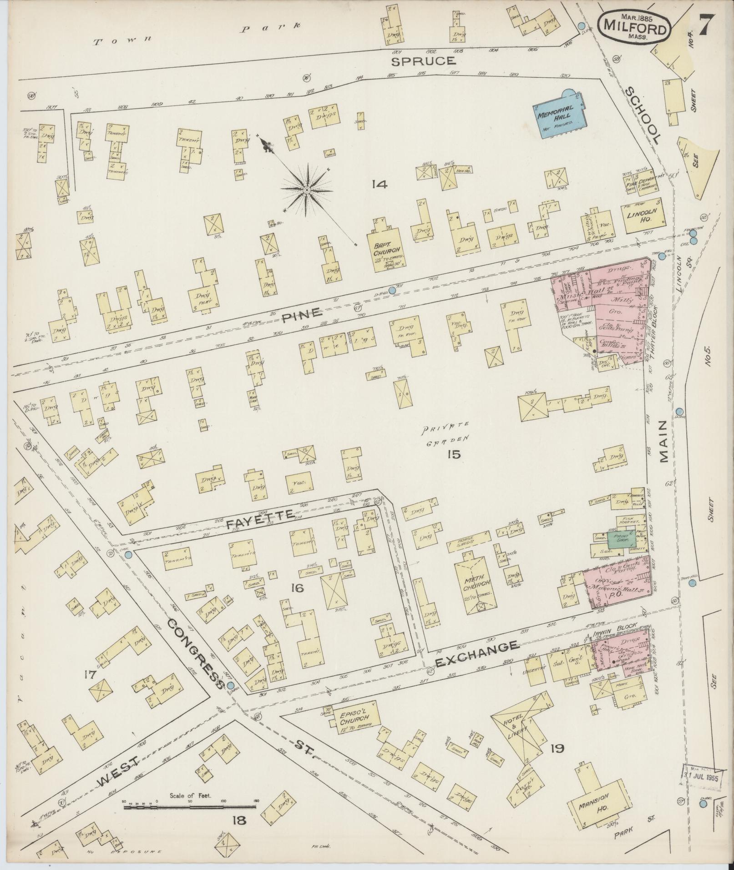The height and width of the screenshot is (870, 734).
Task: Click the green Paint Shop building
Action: pyautogui.click(x=618, y=539)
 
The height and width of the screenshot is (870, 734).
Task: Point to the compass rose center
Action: pyautogui.click(x=307, y=189)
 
